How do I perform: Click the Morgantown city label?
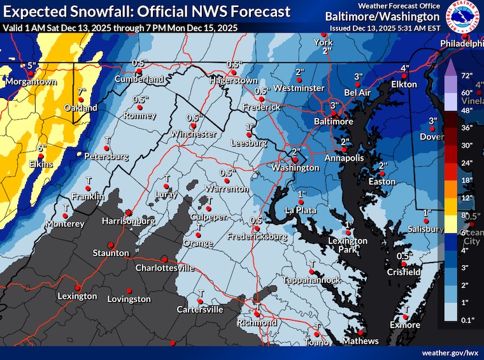click(28, 82)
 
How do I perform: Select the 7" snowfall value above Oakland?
click(81, 92)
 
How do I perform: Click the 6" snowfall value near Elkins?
click(42, 148)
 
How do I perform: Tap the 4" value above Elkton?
click(404, 68)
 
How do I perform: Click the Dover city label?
click(432, 137)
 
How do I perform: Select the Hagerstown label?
click(235, 81)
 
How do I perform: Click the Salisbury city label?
click(426, 229)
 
